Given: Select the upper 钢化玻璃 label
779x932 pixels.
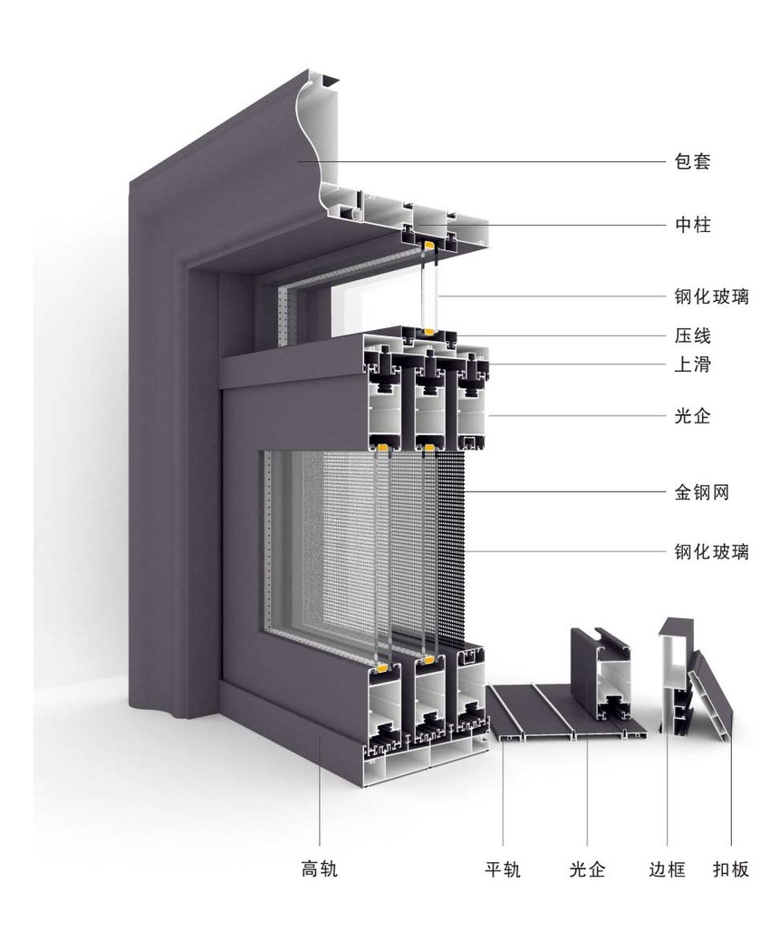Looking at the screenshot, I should click(712, 296).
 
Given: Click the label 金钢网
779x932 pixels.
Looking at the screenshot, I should click(702, 493).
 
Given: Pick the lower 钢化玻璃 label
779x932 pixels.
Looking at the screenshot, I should click(712, 551).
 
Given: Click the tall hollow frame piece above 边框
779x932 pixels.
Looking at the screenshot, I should click(674, 675).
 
